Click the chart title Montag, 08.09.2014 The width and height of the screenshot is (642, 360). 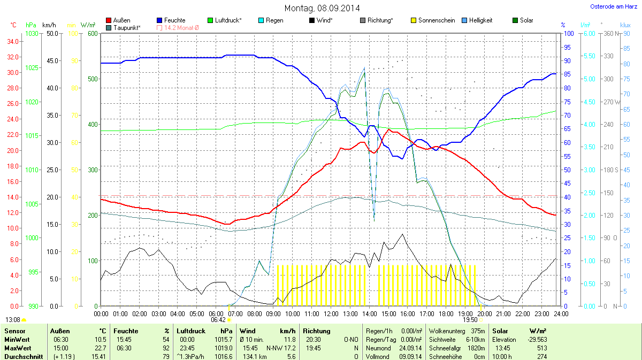tap(322, 8)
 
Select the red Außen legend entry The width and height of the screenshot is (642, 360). tap(118, 20)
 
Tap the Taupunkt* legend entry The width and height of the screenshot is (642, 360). tap(126, 27)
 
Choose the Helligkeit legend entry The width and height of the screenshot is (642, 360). tap(480, 20)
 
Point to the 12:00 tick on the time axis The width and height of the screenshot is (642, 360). tap(331, 313)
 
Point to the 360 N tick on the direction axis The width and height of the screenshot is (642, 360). tap(609, 34)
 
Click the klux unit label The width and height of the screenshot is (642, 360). tap(625, 25)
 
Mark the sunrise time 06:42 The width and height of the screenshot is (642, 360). tap(218, 320)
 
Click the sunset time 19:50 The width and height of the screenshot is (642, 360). tap(470, 320)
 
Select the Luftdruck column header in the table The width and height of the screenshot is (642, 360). tap(191, 331)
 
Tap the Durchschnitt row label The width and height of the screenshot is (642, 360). tap(24, 357)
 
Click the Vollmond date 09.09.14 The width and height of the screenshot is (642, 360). tap(410, 357)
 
